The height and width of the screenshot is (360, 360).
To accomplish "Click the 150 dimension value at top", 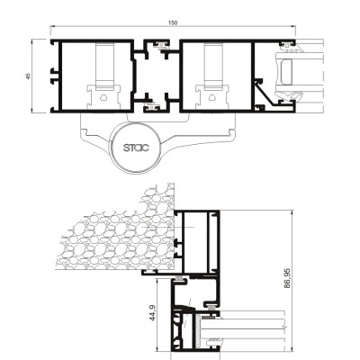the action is [x=173, y=22].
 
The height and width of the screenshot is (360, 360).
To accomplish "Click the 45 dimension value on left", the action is [x=29, y=76].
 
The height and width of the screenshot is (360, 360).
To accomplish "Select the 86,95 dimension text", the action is [x=287, y=278].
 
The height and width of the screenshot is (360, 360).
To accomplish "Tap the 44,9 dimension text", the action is [x=153, y=312].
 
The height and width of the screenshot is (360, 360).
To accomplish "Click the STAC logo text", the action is [x=137, y=148].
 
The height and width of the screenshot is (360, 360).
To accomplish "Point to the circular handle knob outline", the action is [x=137, y=148].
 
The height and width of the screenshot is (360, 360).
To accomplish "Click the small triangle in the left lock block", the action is [x=103, y=97].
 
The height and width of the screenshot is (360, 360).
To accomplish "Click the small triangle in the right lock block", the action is [x=212, y=97].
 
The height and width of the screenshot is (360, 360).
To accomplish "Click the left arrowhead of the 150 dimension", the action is [x=51, y=26].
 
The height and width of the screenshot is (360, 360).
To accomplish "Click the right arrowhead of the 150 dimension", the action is [x=294, y=26].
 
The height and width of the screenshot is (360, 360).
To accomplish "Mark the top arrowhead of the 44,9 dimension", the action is [x=157, y=280].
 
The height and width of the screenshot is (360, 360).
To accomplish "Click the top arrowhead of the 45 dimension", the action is [x=32, y=40].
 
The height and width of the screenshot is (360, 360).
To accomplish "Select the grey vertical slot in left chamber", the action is [x=105, y=66].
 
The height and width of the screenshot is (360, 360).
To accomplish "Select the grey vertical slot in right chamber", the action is [x=213, y=66].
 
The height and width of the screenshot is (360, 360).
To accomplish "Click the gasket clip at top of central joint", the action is [x=160, y=45].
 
